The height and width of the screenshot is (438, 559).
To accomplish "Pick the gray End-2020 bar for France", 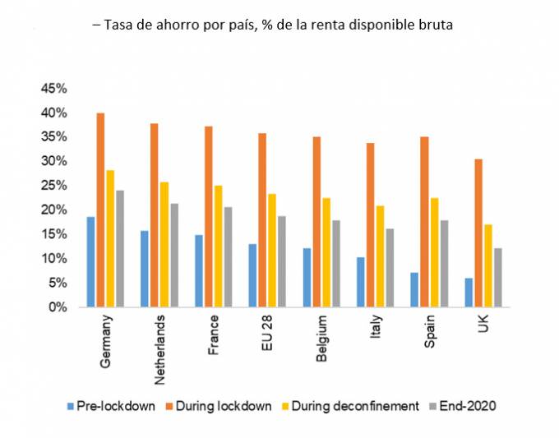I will (x=228, y=257).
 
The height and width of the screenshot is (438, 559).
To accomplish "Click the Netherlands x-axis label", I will (x=161, y=348).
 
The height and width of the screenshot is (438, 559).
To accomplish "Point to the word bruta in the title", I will (x=437, y=25).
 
